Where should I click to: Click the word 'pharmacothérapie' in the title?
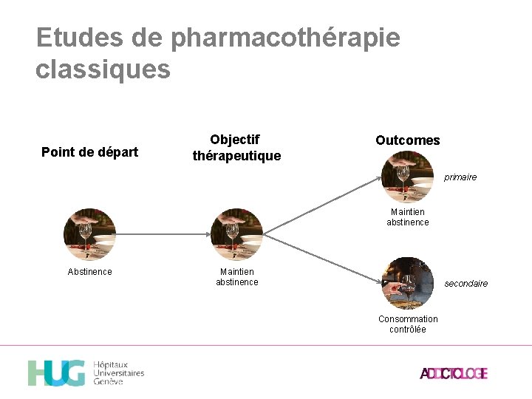[285, 38]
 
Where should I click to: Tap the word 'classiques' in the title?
[103, 69]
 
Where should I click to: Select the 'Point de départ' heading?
[89, 152]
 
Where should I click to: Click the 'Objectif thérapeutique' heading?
[236, 148]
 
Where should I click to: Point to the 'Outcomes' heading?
[407, 140]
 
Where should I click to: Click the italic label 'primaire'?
[460, 177]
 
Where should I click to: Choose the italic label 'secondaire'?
[465, 284]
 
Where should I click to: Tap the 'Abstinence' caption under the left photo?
[89, 272]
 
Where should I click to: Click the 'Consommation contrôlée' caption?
[408, 324]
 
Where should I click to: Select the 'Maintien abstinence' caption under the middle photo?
[236, 277]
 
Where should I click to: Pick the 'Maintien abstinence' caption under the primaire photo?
[407, 217]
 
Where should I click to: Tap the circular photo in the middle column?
[236, 234]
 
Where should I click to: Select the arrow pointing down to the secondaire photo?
[321, 259]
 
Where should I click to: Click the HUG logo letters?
[56, 373]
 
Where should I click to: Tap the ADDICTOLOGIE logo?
[454, 373]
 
